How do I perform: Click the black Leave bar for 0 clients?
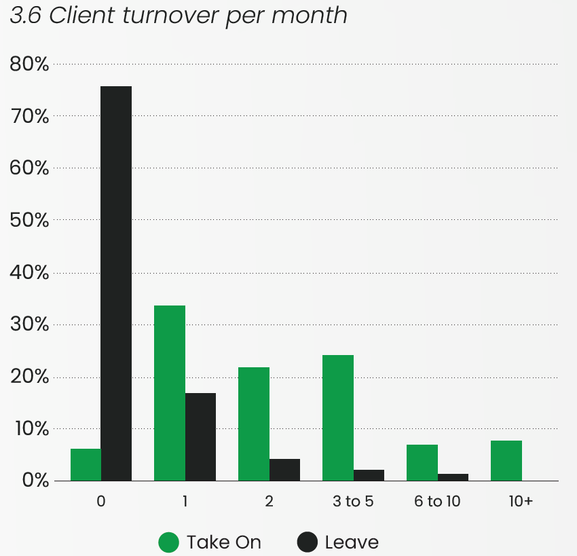(116, 283)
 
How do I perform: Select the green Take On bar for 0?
(86, 464)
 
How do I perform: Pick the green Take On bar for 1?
(170, 393)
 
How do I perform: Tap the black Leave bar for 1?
(200, 437)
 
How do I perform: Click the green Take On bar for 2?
(254, 424)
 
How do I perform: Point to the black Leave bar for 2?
(284, 470)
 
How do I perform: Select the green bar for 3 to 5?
(338, 418)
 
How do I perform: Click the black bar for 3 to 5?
(369, 475)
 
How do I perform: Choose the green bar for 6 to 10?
(422, 462)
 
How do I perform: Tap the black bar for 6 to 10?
(453, 477)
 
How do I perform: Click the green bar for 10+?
(506, 460)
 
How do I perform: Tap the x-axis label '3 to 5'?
(353, 502)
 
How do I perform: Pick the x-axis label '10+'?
(521, 502)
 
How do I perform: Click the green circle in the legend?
(168, 542)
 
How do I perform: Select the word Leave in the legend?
(352, 542)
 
